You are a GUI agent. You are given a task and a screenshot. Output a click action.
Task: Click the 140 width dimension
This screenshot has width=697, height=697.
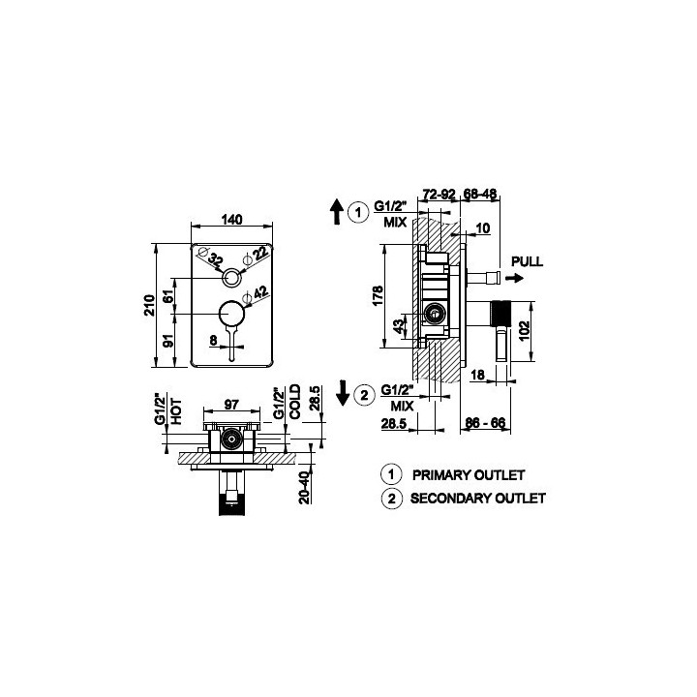click(231, 220)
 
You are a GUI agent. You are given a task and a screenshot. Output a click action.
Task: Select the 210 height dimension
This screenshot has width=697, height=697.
click(150, 305)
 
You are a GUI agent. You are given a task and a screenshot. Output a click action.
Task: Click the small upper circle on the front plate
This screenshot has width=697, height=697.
click(231, 270)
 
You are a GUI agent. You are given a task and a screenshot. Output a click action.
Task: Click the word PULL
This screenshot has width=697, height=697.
click(528, 261)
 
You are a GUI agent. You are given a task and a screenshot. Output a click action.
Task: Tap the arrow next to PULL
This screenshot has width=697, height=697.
click(515, 278)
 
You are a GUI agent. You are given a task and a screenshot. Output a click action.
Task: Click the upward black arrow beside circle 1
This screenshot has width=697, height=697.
click(337, 212)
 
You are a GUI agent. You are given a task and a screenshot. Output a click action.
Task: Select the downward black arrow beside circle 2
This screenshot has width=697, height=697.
click(343, 393)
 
